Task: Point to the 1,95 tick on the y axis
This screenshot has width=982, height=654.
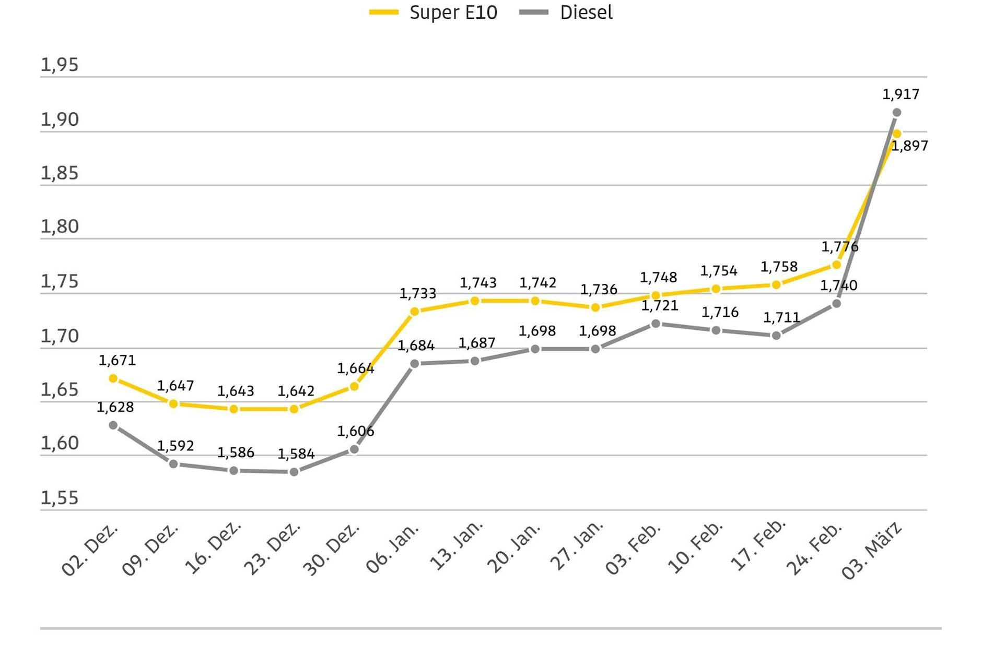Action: (x=60, y=65)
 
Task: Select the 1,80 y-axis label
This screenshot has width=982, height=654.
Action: (x=60, y=227)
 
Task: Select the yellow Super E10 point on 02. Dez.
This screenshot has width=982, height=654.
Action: (x=113, y=378)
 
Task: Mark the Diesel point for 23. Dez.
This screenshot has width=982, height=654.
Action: (x=294, y=472)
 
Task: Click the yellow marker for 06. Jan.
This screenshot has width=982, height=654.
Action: (x=415, y=312)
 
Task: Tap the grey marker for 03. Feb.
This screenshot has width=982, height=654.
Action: (x=656, y=324)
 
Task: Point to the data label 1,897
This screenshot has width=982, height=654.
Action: (x=909, y=146)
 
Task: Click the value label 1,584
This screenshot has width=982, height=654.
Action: (x=296, y=454)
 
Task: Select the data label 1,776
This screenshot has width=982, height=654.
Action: (x=839, y=246)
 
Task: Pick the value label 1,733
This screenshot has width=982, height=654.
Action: (x=417, y=293)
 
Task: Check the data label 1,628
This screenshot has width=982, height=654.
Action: (x=115, y=407)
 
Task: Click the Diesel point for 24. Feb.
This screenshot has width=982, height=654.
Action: (x=836, y=303)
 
